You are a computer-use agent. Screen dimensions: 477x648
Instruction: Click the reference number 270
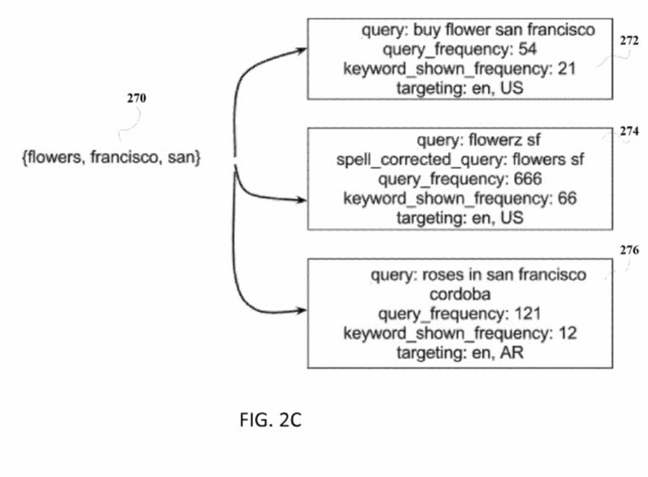[x=136, y=99]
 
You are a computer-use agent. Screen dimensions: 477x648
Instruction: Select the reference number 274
[x=629, y=132]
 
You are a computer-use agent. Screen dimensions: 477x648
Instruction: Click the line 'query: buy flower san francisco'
[x=478, y=30]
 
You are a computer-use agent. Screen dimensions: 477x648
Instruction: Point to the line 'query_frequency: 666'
[x=460, y=178]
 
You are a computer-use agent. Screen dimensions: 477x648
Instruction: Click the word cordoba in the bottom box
[x=460, y=295]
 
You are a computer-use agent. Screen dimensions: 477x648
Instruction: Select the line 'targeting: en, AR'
[x=460, y=353]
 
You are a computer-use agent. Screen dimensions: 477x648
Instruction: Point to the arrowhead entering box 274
[x=301, y=200]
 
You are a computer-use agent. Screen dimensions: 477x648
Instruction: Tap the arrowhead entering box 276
[x=301, y=309]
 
